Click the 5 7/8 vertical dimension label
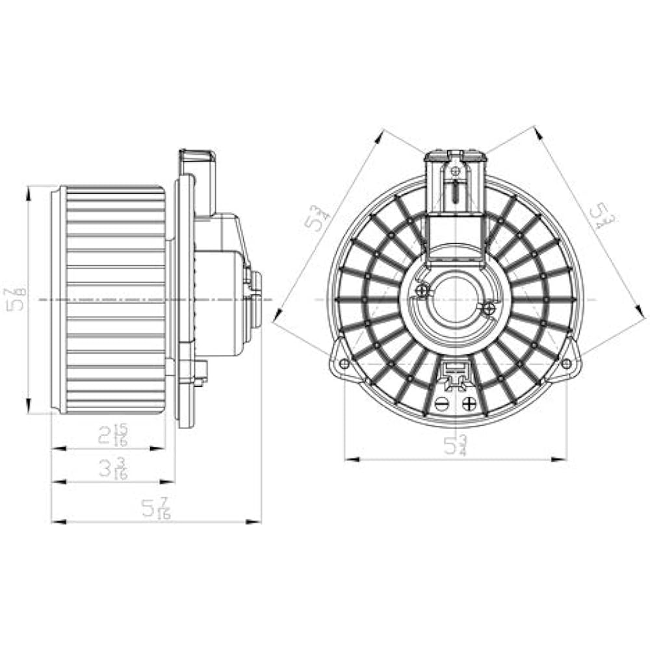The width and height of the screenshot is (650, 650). pos(16,300)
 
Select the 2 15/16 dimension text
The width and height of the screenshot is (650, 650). pos(113,435)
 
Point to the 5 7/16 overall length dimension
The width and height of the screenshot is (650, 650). pos(156,508)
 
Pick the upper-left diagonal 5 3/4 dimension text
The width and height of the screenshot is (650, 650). pos(315,218)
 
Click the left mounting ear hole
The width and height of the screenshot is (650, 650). pos(344,363)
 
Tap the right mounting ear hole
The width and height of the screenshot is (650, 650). pos(566,363)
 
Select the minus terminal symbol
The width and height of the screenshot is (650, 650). pos(442,404)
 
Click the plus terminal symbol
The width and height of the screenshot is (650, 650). pos(469,404)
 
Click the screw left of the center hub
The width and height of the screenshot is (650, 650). pos(422,290)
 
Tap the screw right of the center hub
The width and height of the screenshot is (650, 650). pos(489,307)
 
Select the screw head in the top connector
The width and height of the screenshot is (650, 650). pos(456,170)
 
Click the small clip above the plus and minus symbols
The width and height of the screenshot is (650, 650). pos(455,373)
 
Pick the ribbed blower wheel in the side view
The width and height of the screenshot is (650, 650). pos(110,300)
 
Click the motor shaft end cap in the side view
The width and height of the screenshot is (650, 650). pos(255,299)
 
